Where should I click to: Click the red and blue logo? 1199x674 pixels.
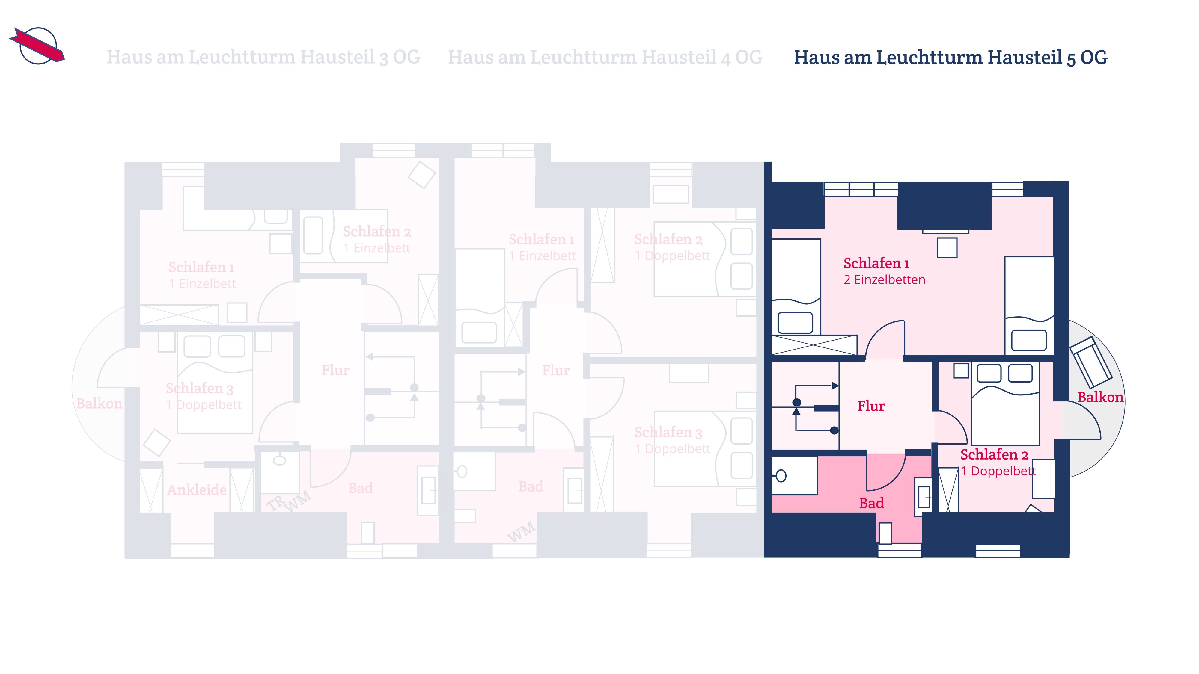37,46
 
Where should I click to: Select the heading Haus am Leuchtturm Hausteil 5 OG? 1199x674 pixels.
951,57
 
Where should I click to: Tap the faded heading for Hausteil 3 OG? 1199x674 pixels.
263,57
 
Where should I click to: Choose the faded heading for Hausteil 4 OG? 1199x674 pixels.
605,57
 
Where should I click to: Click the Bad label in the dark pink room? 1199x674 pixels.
871,503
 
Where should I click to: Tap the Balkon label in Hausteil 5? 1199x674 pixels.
1100,397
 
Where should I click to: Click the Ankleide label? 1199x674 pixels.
197,489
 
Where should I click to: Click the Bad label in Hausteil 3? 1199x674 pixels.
361,488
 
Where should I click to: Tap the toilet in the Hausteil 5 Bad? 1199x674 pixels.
794,475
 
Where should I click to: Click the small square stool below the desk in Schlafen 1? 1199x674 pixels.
947,247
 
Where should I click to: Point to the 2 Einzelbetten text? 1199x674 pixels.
884,279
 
